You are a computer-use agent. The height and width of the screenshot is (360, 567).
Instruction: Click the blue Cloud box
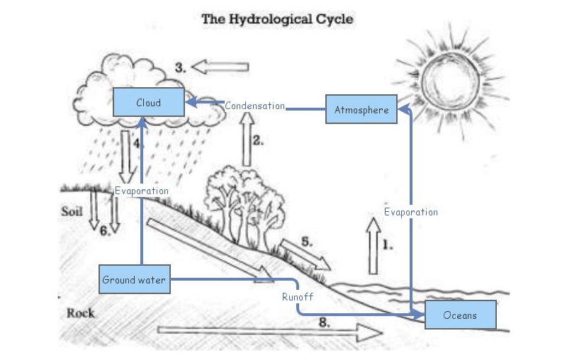click(x=148, y=103)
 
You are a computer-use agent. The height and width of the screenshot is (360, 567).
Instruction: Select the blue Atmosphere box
click(x=361, y=110)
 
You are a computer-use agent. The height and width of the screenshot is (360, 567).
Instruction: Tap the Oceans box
click(x=460, y=315)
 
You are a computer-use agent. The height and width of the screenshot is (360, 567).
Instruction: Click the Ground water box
click(x=134, y=280)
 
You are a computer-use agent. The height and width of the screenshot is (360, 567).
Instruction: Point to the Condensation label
click(x=254, y=106)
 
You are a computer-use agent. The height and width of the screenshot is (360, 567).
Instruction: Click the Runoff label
click(x=297, y=297)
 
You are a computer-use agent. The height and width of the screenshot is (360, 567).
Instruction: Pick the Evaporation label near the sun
click(x=410, y=212)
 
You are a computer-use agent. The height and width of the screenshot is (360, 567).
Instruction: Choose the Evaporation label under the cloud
click(x=142, y=191)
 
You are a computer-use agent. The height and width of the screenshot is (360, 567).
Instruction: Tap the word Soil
click(x=72, y=211)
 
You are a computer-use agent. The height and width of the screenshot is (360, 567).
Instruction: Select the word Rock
click(x=80, y=313)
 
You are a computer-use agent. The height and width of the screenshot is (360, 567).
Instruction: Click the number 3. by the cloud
click(x=181, y=68)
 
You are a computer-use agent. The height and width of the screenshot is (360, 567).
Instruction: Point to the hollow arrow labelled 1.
click(x=373, y=246)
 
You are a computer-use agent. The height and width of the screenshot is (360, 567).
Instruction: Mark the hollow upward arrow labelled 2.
click(x=247, y=140)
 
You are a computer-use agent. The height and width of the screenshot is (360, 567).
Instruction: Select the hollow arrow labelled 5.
click(x=305, y=254)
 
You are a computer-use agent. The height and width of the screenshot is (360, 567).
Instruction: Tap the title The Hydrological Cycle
click(x=277, y=19)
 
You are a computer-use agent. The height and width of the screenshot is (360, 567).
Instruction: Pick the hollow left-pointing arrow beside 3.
click(x=220, y=67)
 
